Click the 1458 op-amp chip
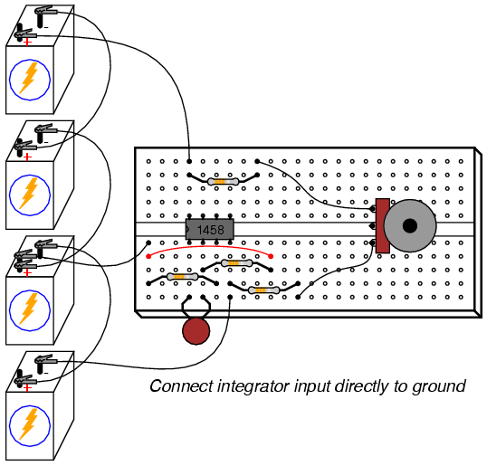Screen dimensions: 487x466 click(x=210, y=230)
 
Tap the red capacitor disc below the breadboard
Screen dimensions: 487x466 click(x=196, y=331)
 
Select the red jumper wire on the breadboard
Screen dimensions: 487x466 click(x=210, y=250)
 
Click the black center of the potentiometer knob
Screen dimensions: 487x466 click(x=410, y=225)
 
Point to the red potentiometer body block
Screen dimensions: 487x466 click(x=383, y=225)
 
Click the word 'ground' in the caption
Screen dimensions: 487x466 click(x=439, y=387)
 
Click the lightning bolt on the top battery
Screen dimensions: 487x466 click(x=29, y=78)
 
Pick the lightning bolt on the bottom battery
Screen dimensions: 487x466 click(x=29, y=424)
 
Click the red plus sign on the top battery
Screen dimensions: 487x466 click(x=28, y=42)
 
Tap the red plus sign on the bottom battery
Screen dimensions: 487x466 click(x=28, y=388)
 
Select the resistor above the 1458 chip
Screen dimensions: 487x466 click(x=223, y=181)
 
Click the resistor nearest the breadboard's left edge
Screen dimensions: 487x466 click(x=182, y=277)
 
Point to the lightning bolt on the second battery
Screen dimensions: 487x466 click(x=29, y=193)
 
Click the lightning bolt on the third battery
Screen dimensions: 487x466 click(x=29, y=309)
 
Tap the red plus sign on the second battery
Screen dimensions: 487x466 click(x=28, y=157)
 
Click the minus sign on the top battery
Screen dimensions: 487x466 click(x=46, y=28)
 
